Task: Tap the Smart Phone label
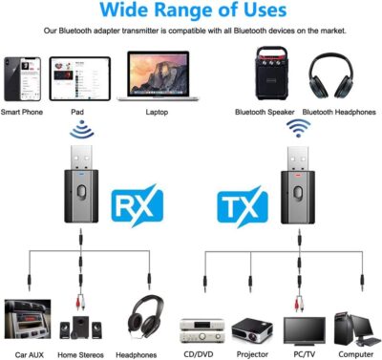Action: click(x=24, y=113)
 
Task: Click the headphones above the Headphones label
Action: click(x=143, y=320)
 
